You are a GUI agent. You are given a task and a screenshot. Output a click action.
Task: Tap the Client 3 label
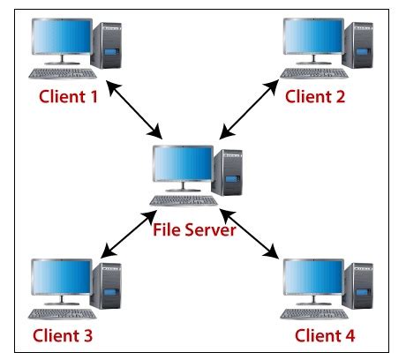tap(64, 335)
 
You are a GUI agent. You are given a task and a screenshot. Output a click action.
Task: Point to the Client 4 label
tap(327, 335)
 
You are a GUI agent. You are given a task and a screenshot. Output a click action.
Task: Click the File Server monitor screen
tap(182, 165)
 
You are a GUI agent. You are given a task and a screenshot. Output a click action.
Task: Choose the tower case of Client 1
tap(110, 47)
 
